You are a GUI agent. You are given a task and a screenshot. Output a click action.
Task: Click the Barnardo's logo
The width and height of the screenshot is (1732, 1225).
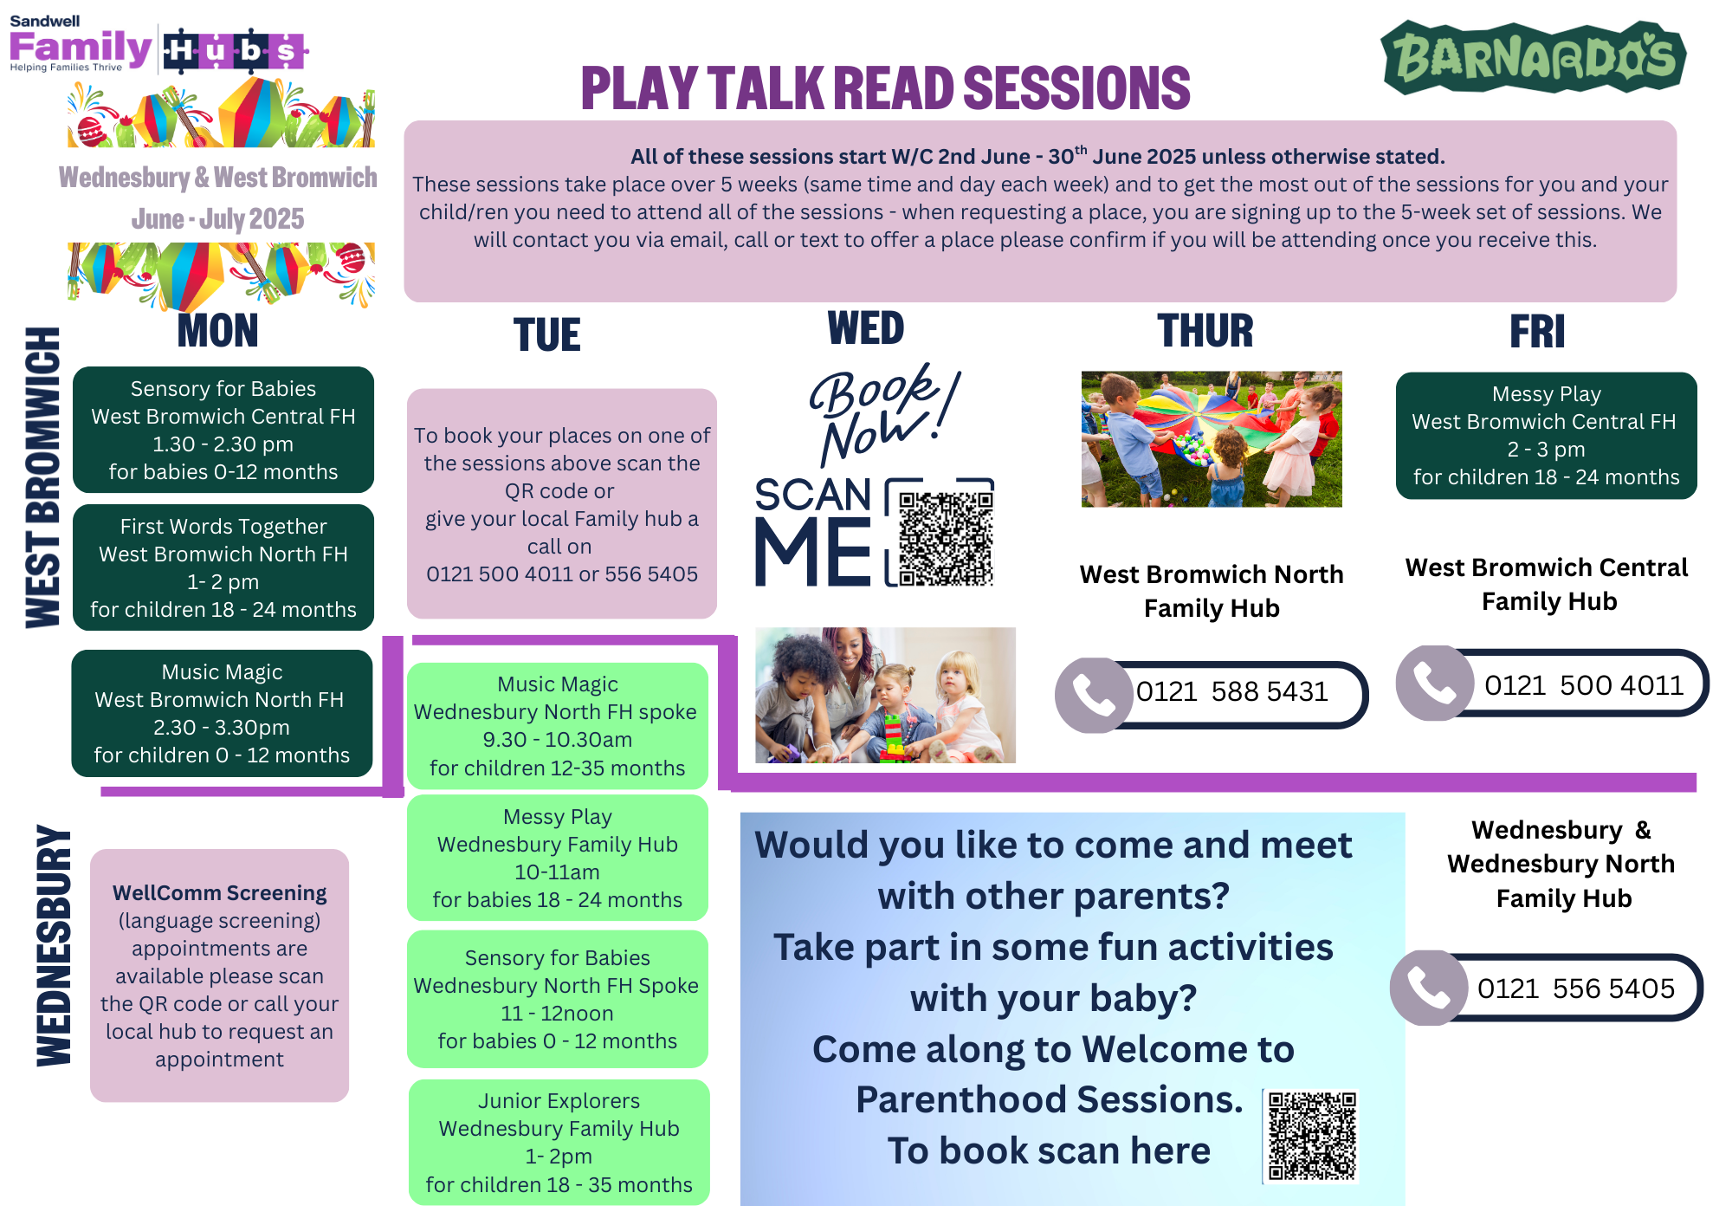click(x=1534, y=57)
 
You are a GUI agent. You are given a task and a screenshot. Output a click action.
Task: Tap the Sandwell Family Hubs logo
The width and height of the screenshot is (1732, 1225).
click(x=158, y=48)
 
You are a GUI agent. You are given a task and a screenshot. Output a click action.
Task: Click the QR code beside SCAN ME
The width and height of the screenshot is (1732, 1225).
click(x=945, y=538)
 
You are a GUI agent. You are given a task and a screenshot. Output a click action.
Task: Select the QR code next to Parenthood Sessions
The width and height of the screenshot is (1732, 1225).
click(x=1312, y=1136)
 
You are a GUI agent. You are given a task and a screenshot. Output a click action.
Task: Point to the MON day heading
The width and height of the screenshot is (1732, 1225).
click(x=217, y=331)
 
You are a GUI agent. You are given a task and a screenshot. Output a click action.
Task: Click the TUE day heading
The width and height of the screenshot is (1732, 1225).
click(x=546, y=335)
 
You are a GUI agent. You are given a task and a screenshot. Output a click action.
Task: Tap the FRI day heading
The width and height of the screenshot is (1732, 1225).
click(x=1537, y=332)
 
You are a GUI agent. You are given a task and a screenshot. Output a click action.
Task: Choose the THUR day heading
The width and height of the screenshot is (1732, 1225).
click(x=1205, y=331)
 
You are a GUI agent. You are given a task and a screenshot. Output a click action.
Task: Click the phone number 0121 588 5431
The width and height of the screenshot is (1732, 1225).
click(x=1231, y=692)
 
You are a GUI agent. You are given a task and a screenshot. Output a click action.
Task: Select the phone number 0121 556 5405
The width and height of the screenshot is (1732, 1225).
click(x=1575, y=988)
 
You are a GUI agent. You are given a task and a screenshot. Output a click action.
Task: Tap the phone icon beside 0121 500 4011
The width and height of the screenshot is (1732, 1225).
click(x=1434, y=684)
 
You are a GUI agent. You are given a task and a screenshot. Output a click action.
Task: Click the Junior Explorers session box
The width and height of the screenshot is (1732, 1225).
click(x=559, y=1142)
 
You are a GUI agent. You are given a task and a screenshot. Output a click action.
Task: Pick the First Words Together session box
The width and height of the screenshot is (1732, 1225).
click(x=223, y=567)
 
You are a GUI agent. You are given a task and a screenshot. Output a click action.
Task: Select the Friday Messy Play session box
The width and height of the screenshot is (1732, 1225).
click(x=1546, y=435)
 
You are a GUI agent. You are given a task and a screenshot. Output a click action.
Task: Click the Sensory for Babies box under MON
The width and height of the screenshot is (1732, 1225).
click(x=223, y=430)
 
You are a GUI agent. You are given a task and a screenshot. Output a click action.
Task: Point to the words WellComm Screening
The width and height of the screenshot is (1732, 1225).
click(x=219, y=893)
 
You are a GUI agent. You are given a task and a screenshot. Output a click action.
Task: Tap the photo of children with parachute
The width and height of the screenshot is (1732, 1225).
click(x=1211, y=439)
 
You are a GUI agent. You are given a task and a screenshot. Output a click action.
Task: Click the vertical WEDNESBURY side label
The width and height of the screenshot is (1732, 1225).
click(x=54, y=945)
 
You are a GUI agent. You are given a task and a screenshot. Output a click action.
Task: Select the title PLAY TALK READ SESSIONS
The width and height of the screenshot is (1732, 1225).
click(x=885, y=88)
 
